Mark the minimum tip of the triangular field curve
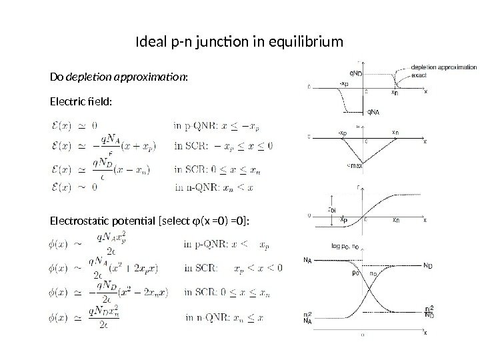tap(365, 163)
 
